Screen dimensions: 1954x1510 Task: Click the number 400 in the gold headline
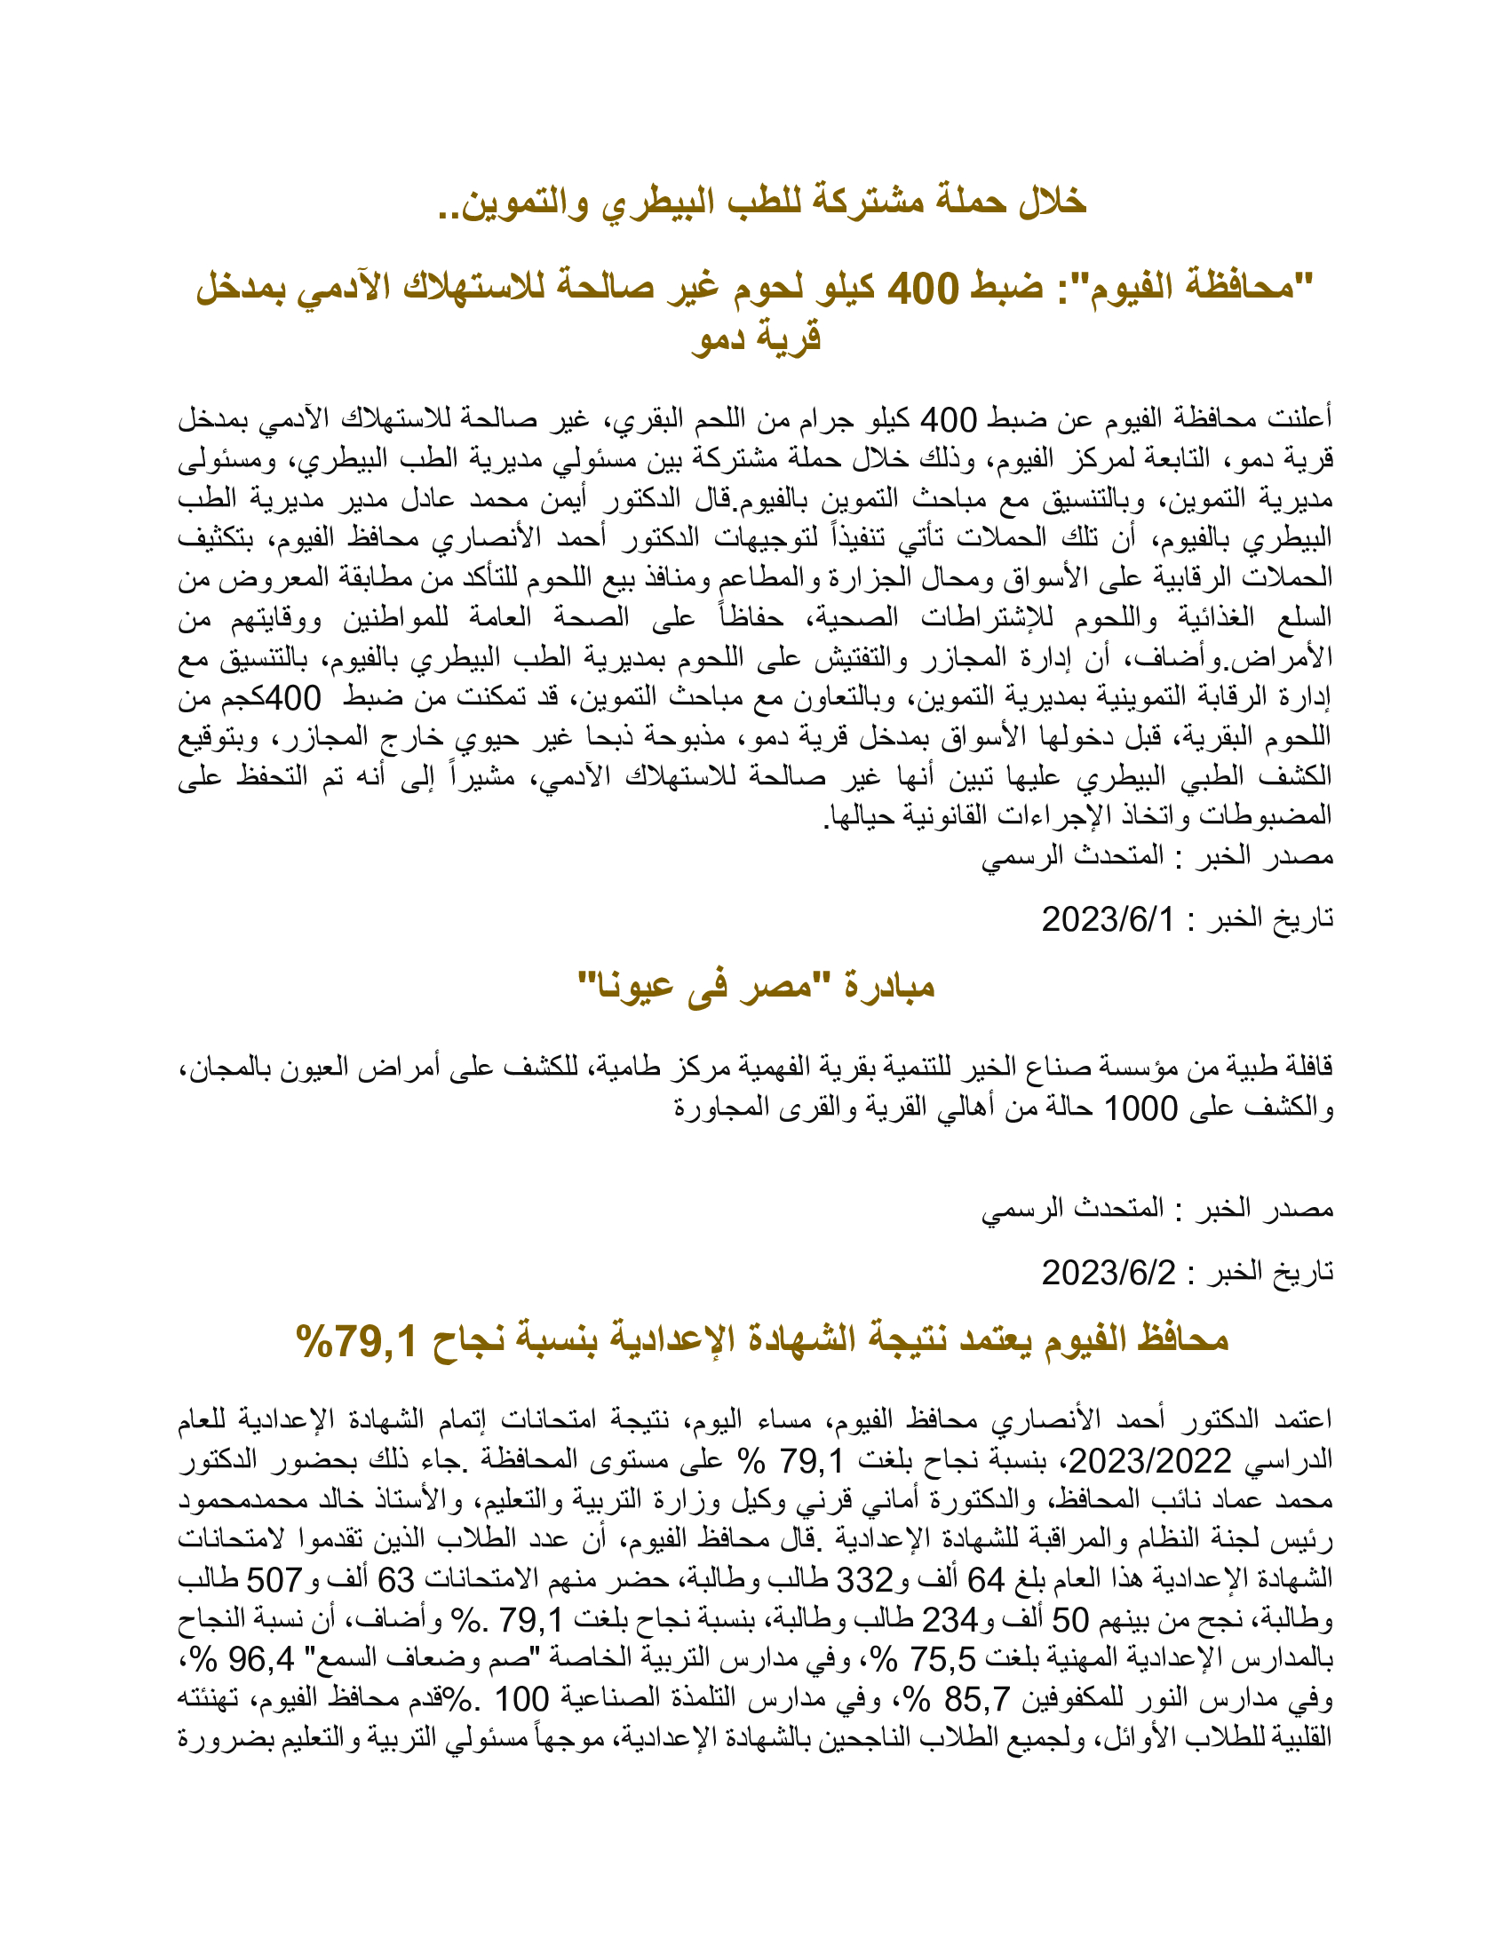(922, 288)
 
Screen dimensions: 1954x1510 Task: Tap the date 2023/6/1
(1108, 919)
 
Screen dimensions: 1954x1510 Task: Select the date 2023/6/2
(1108, 1272)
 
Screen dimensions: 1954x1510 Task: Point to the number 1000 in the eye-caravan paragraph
(1141, 1108)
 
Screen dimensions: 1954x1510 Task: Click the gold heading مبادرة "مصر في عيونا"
(755, 986)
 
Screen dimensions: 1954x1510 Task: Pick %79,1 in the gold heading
(356, 1340)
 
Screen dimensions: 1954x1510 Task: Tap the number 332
(863, 1580)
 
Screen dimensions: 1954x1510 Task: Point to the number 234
(950, 1619)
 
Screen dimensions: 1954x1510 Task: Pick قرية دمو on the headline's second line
(756, 338)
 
